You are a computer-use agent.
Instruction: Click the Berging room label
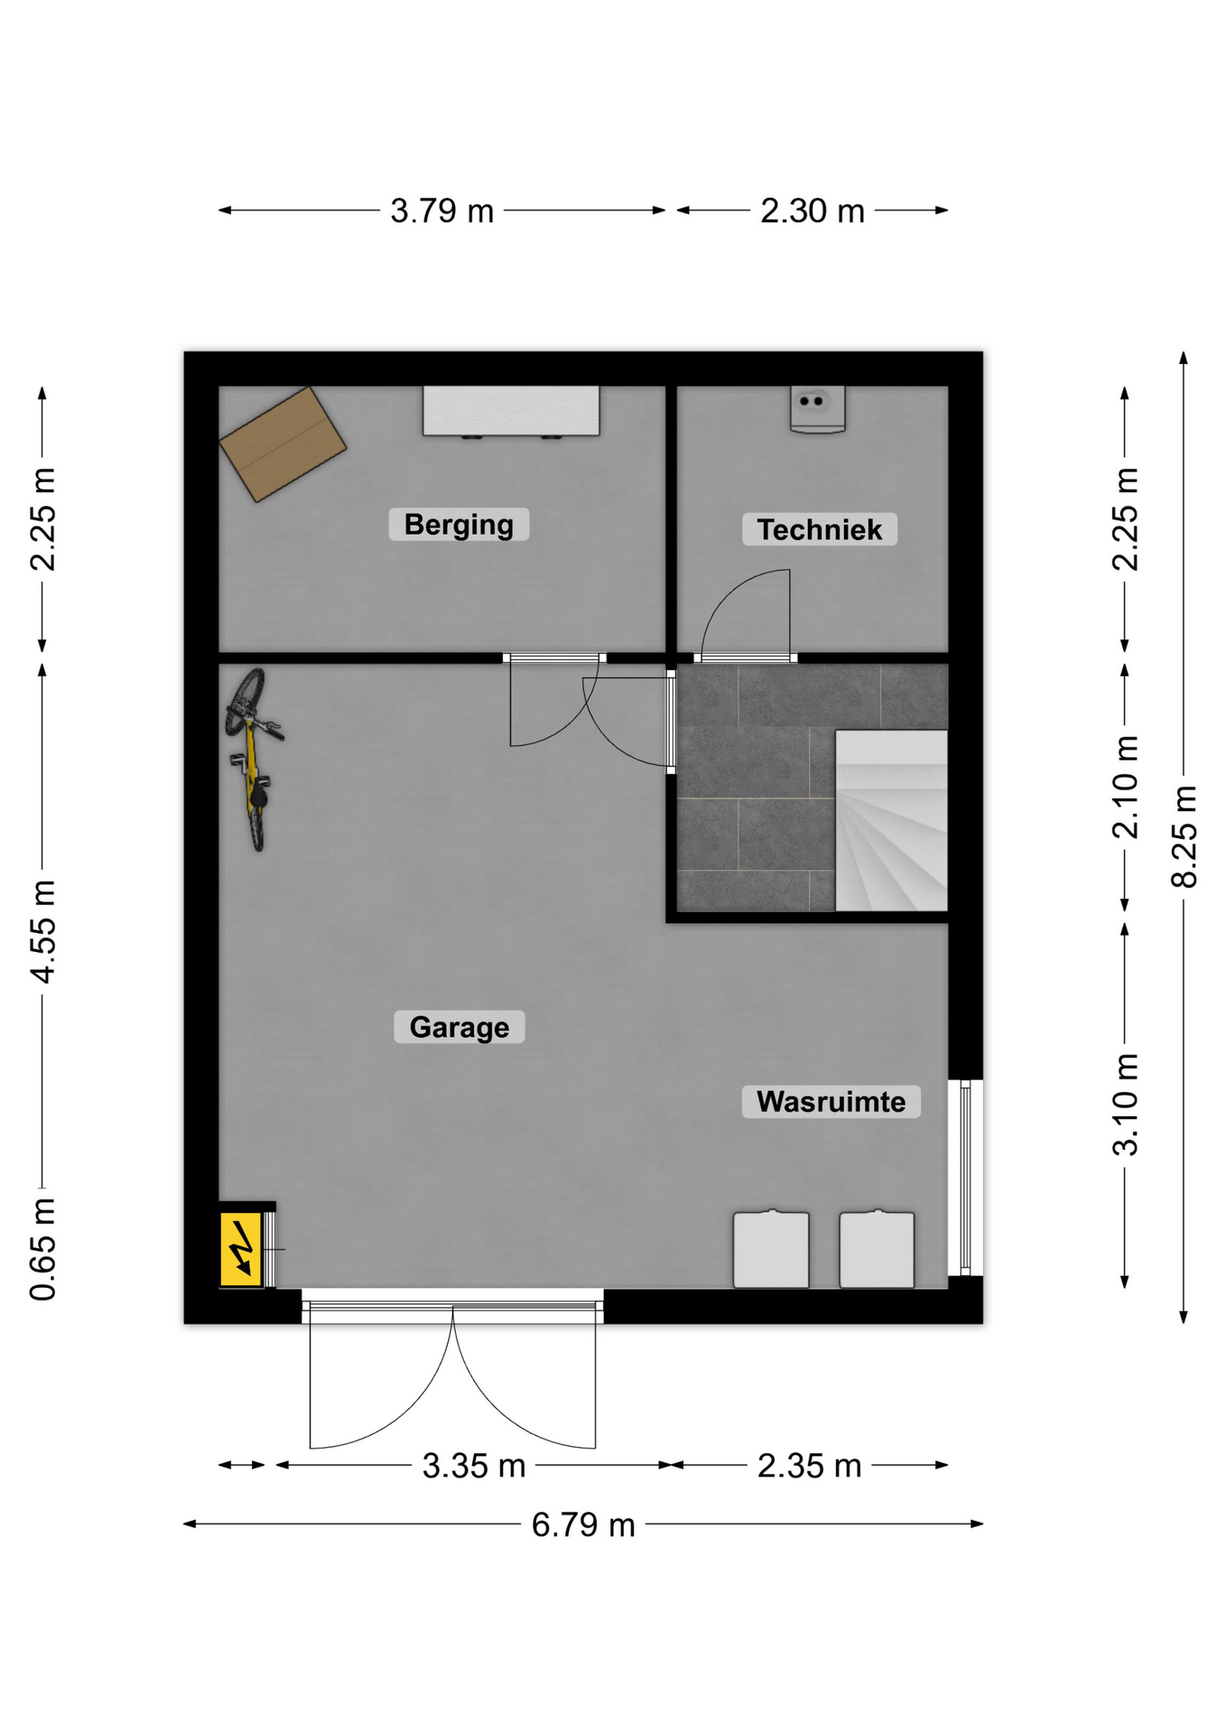(x=459, y=525)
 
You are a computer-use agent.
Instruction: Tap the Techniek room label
(x=819, y=529)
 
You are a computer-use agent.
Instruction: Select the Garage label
(x=459, y=1027)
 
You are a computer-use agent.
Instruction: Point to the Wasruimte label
(x=831, y=1102)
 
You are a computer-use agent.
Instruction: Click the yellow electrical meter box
(x=241, y=1249)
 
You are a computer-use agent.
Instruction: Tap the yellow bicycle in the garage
(x=253, y=759)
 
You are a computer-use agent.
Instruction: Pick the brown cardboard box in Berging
(x=283, y=444)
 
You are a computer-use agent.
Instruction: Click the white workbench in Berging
(x=511, y=412)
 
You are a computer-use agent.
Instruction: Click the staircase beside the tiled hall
(x=891, y=820)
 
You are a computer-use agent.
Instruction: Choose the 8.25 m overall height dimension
(x=1184, y=837)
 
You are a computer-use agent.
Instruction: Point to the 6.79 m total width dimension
(x=583, y=1525)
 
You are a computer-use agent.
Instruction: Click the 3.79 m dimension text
(x=442, y=211)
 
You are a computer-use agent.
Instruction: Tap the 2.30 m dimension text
(x=813, y=211)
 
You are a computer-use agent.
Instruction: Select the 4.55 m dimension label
(x=42, y=931)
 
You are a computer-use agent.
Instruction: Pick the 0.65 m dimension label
(x=42, y=1249)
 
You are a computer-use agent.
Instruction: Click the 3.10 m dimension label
(x=1125, y=1105)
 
